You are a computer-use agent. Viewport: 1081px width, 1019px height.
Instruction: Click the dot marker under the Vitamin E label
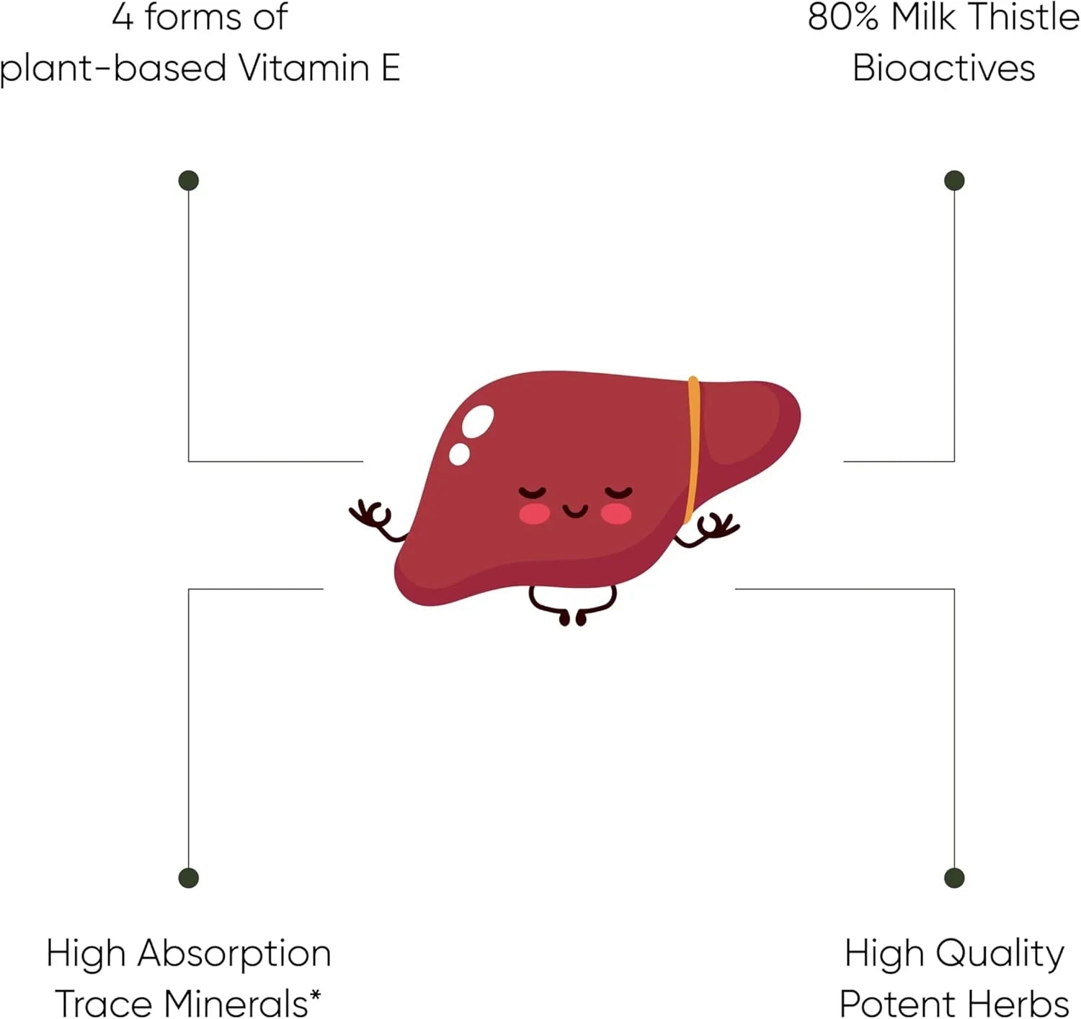188,180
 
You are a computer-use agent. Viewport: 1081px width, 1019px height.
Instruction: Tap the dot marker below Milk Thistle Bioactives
954,180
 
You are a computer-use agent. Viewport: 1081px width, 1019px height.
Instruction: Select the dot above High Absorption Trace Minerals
188,878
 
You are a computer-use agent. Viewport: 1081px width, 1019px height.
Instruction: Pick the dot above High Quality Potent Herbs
954,878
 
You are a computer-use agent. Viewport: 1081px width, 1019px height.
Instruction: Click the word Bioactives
943,68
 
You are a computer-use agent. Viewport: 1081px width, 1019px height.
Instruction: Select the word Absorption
234,954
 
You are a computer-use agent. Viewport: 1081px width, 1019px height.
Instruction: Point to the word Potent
897,1003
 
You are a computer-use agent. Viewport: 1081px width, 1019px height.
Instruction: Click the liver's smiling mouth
575,511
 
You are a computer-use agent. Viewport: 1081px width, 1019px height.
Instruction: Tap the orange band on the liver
693,447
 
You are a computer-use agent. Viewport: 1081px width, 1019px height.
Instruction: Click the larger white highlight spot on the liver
478,421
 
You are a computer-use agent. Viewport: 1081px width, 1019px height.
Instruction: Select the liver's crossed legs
573,605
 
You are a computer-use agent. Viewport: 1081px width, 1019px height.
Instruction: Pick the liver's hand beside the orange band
715,527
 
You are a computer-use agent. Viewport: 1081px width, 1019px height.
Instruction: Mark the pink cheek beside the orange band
616,514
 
